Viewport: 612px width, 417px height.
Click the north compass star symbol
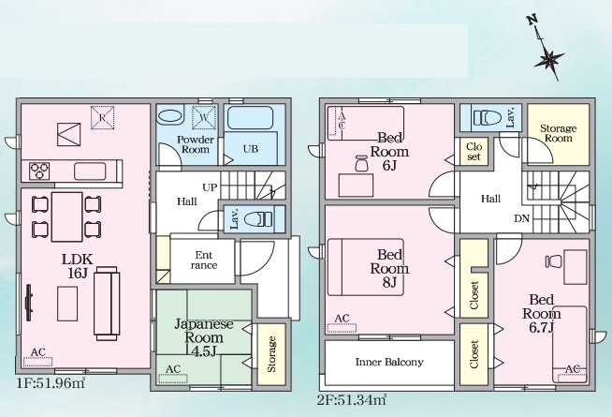pyautogui.click(x=548, y=60)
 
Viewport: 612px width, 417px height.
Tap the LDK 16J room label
pyautogui.click(x=78, y=266)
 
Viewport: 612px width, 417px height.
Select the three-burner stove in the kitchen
pyautogui.click(x=39, y=171)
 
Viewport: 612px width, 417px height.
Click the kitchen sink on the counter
pyautogui.click(x=90, y=171)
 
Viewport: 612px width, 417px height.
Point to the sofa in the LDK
pyautogui.click(x=107, y=304)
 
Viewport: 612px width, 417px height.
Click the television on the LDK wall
pyautogui.click(x=28, y=303)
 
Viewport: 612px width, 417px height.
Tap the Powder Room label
pyautogui.click(x=196, y=144)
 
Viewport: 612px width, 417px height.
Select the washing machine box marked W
pyautogui.click(x=204, y=117)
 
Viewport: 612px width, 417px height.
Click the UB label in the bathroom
pyautogui.click(x=251, y=149)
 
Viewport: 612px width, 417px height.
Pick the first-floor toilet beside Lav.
pyautogui.click(x=258, y=219)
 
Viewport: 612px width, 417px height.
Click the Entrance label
pyautogui.click(x=204, y=261)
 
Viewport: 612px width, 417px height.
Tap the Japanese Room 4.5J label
pyautogui.click(x=203, y=337)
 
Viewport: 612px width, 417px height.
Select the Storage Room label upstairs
pyautogui.click(x=558, y=133)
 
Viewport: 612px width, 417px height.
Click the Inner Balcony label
pyautogui.click(x=389, y=362)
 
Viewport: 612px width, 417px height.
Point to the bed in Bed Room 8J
pyautogui.click(x=366, y=267)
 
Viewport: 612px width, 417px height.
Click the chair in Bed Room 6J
pyautogui.click(x=362, y=163)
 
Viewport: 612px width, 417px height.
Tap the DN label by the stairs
pyautogui.click(x=521, y=218)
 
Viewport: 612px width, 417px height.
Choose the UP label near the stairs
pyautogui.click(x=210, y=187)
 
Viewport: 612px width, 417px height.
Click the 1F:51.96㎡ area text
pyautogui.click(x=51, y=383)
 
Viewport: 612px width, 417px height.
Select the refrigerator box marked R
pyautogui.click(x=102, y=117)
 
